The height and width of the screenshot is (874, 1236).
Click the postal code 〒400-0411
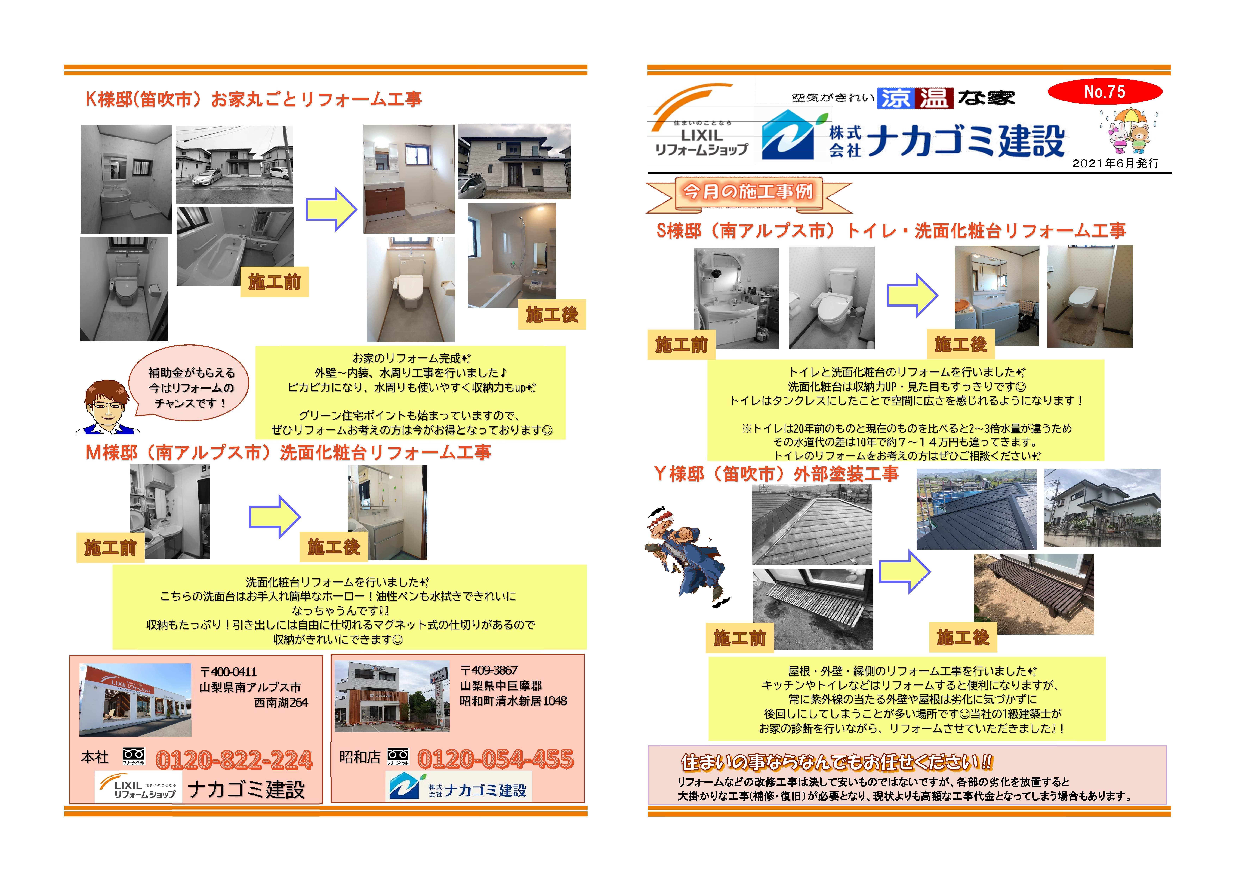[228, 672]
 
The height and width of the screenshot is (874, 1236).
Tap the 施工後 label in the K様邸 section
[552, 315]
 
